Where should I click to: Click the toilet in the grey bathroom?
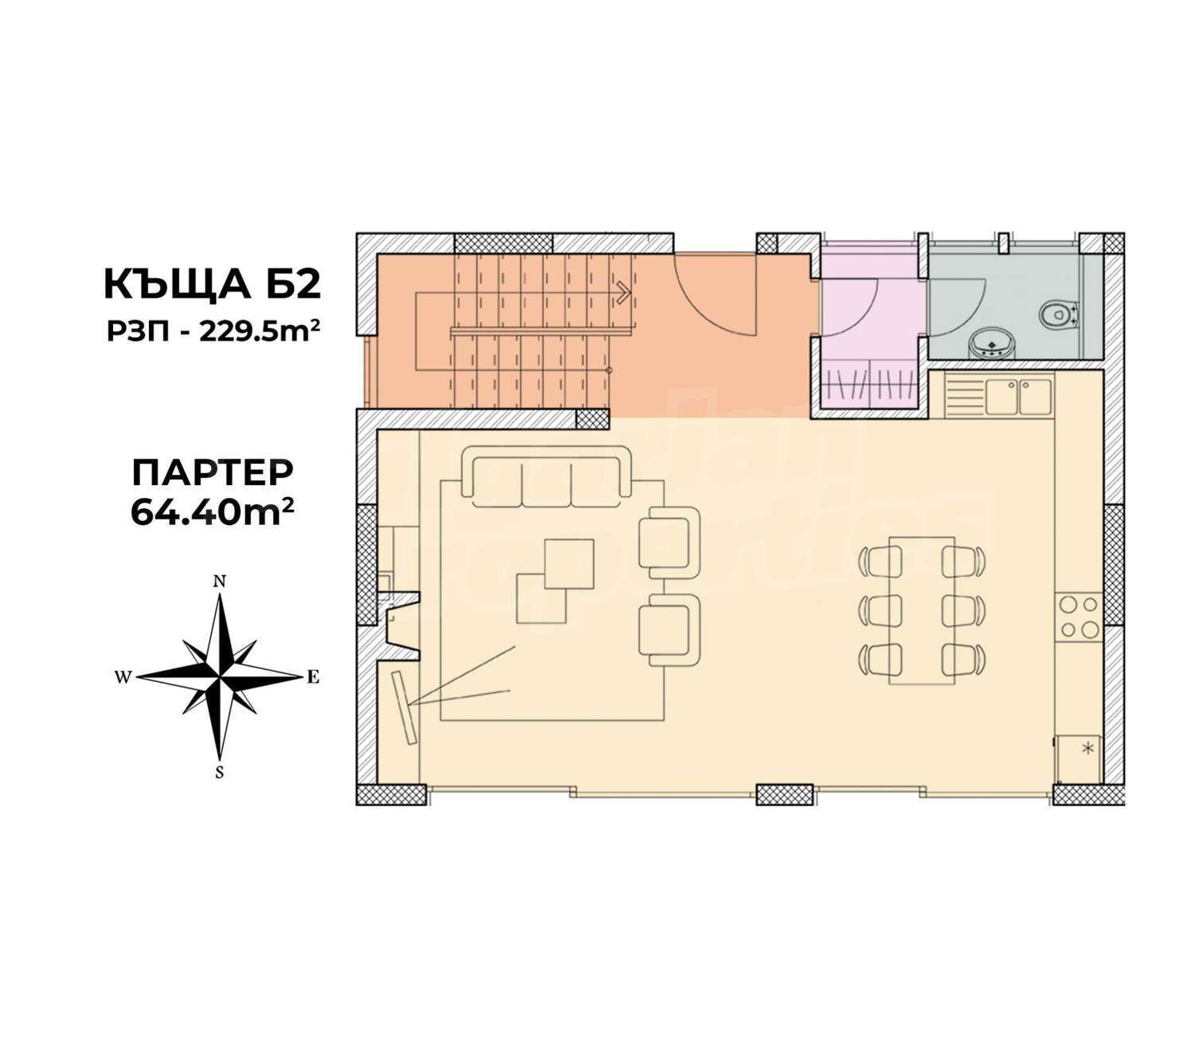coord(1058,315)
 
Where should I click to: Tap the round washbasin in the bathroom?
coord(991,344)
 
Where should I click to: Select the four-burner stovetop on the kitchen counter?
coord(1079,617)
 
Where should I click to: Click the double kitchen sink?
coord(1019,397)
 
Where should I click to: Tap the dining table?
coord(922,610)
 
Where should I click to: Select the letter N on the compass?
coord(220,582)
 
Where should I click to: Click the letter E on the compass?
coord(313,677)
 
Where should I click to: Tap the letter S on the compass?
coord(220,773)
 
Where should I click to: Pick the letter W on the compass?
coord(123,677)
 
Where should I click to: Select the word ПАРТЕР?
coord(213,472)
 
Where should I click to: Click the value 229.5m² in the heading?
coord(260,333)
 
